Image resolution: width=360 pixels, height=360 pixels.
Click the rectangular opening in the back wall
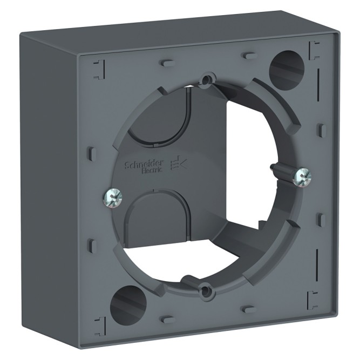(x=237, y=140)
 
